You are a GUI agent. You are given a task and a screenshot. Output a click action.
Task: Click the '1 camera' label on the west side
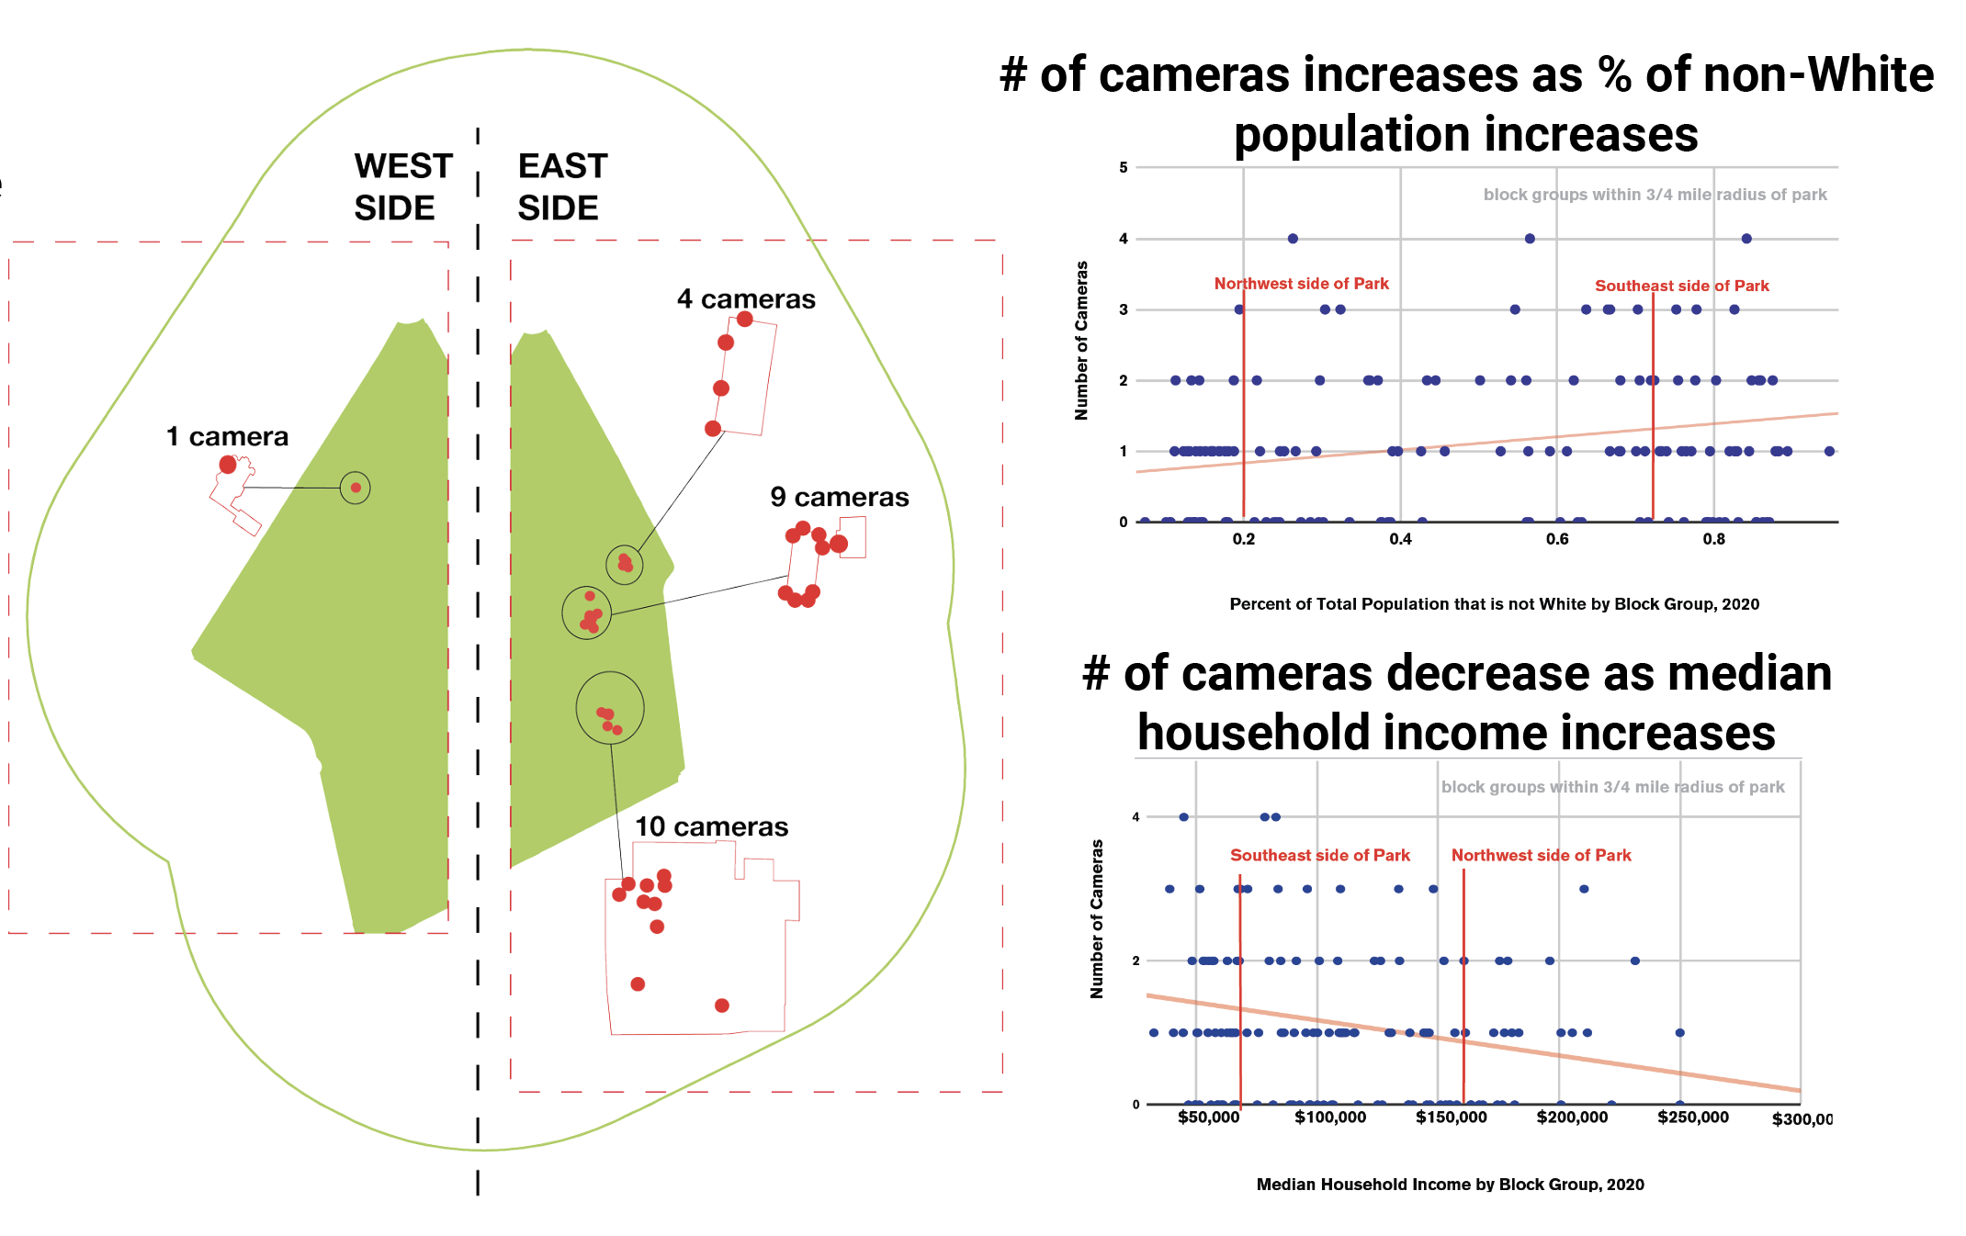pos(227,436)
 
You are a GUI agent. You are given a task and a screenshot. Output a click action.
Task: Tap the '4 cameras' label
pos(746,299)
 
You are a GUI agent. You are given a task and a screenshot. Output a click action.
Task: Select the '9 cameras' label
pos(840,497)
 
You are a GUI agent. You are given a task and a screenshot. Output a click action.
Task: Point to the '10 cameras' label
pos(712,826)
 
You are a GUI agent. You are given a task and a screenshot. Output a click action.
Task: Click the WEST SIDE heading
pos(403,187)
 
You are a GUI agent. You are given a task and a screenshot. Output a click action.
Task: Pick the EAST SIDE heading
pos(562,187)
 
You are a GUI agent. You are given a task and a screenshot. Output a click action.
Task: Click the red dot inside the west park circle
pos(356,488)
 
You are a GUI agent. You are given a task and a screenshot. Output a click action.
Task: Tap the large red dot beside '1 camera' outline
pos(228,465)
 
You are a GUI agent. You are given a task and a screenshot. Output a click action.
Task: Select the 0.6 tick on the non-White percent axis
pos(1557,539)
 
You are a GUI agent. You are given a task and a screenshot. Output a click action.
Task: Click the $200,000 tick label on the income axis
pos(1572,1118)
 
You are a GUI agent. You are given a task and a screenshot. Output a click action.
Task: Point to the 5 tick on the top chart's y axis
pos(1124,167)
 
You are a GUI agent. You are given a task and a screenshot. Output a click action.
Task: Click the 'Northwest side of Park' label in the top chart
pos(1302,284)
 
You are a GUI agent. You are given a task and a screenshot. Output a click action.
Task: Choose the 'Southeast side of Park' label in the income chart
pos(1320,855)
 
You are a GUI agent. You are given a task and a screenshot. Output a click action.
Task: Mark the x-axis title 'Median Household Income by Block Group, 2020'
pos(1451,1185)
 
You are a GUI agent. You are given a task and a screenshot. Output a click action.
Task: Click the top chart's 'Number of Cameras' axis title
pos(1081,341)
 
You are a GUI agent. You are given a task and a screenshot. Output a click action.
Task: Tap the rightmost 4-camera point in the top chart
pos(1746,239)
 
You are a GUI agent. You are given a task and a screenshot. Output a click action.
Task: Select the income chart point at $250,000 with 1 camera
pos(1679,1033)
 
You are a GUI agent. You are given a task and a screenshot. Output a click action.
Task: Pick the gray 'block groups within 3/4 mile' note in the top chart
pos(1655,195)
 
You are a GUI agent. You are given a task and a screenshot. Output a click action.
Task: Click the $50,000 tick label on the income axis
pos(1209,1118)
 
